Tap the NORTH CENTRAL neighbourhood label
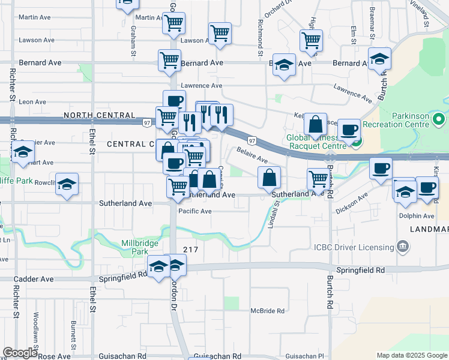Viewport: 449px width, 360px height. (98, 115)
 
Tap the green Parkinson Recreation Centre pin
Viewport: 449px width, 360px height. (438, 120)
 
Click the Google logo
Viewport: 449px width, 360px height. (20, 353)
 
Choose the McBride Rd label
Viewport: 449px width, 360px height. (268, 311)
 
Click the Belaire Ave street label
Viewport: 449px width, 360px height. (252, 155)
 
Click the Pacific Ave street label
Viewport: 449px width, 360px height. (195, 211)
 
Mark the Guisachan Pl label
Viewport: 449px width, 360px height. (304, 356)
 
